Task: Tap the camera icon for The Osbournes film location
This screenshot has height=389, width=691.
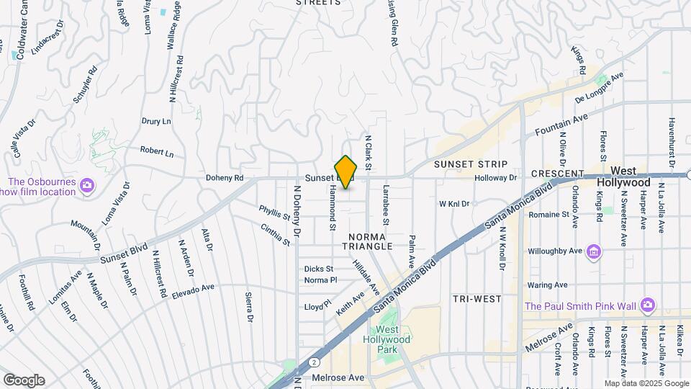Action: coord(87,185)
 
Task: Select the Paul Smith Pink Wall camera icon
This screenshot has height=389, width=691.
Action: coord(648,305)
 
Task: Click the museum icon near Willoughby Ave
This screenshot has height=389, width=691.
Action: coord(594,251)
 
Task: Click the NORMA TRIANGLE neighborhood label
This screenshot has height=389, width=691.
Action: coord(371,241)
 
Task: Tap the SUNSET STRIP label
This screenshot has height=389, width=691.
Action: coord(471,164)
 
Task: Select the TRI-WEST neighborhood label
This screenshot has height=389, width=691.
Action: coord(471,298)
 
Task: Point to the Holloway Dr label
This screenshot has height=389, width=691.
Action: coord(496,177)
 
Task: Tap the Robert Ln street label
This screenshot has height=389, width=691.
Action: coord(157,153)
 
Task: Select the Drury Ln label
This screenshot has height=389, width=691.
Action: coord(156,121)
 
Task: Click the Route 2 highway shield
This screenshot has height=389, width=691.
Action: coord(314,362)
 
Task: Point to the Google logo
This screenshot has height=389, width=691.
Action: coord(24,380)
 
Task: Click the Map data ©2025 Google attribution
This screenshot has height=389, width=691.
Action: coord(646,383)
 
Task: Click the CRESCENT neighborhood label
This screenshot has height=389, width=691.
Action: coord(556,174)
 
